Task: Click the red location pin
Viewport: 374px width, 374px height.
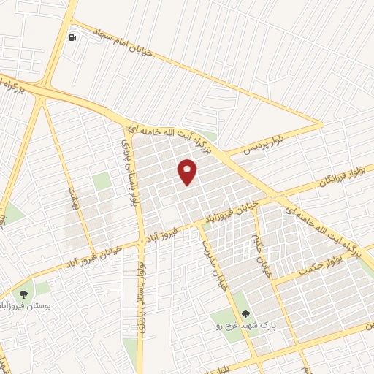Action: coord(188,171)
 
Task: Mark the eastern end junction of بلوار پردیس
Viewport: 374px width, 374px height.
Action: coord(321,125)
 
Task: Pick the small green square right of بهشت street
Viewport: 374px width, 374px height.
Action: coord(102,180)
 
